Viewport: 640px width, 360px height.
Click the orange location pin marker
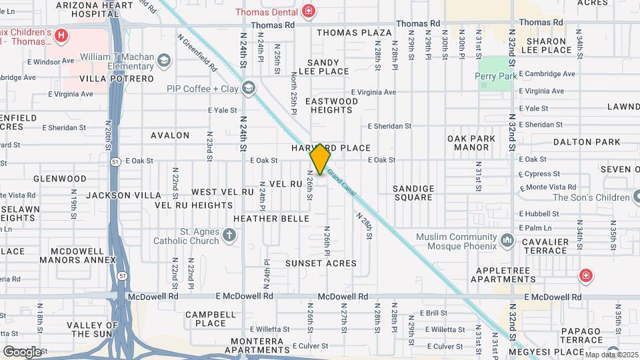[x=321, y=159]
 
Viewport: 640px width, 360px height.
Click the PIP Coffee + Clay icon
[x=249, y=88]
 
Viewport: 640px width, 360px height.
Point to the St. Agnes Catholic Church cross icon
[x=229, y=234]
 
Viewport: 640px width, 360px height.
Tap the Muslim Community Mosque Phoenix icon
[x=507, y=239]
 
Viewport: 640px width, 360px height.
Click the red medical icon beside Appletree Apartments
[x=585, y=275]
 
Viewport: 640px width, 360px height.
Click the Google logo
[x=22, y=351]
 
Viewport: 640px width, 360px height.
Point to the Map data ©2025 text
[x=611, y=354]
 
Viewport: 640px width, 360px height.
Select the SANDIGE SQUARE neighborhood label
[x=413, y=193]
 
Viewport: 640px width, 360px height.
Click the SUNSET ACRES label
[x=321, y=263]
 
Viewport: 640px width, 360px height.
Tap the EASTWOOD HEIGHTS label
[x=331, y=105]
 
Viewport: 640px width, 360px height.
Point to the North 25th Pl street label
[x=293, y=93]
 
